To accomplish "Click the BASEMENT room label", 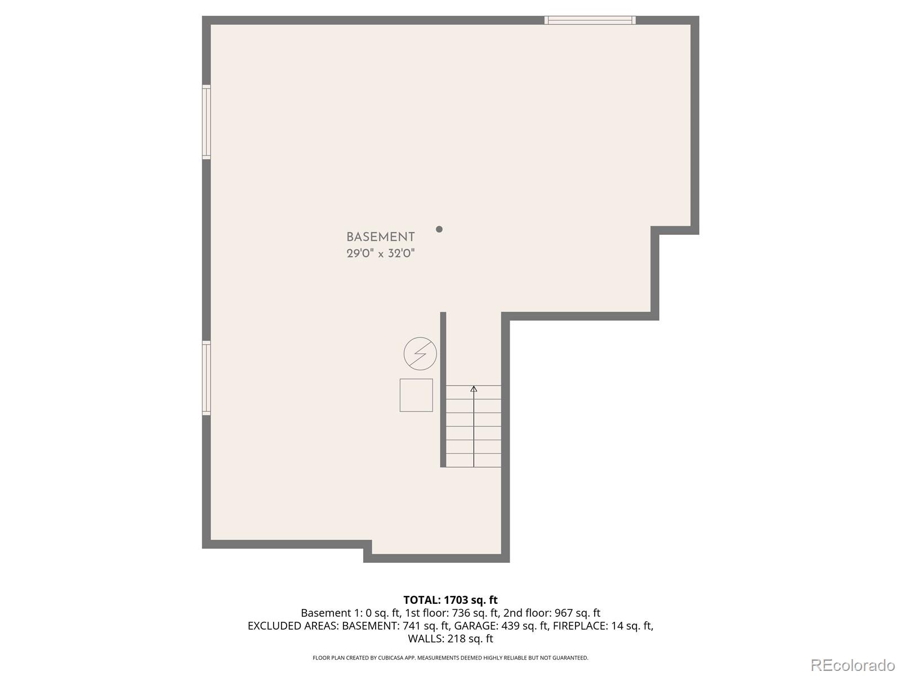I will tap(380, 237).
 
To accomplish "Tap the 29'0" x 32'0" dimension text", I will tap(380, 253).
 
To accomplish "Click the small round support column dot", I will tap(439, 229).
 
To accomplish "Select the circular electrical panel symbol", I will tap(420, 354).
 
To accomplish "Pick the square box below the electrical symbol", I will tap(416, 395).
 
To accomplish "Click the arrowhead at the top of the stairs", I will tap(474, 389).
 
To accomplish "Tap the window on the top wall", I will tap(590, 20).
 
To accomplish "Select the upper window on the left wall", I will tap(207, 122).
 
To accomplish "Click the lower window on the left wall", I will tap(207, 378).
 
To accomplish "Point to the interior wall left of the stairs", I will tap(443, 389).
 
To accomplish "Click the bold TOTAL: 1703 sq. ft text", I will tap(450, 600).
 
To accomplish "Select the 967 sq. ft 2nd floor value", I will tap(569, 613).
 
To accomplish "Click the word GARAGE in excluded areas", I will tap(475, 626).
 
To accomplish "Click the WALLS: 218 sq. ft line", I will tap(450, 639).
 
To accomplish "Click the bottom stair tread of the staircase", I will tap(474, 460).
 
